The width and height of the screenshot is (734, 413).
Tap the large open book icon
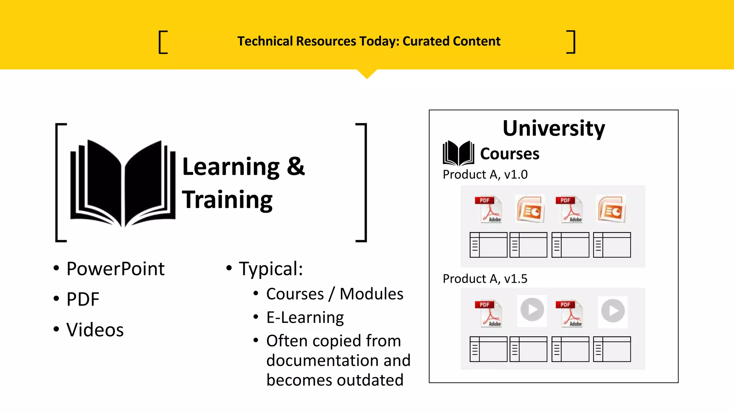[123, 183]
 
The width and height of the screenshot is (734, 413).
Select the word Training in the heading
[227, 200]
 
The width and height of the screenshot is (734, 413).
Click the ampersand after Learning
[296, 166]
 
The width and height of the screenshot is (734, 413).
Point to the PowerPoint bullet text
[115, 269]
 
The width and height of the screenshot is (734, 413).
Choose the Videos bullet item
[95, 330]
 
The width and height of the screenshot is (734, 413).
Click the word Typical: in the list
[271, 269]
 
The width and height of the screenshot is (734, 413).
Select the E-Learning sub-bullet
[305, 318]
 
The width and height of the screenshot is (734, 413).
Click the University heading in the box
[553, 128]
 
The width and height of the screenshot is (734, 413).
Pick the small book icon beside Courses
[458, 153]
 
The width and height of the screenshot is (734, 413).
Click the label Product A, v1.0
[485, 175]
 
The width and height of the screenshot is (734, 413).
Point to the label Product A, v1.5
[485, 279]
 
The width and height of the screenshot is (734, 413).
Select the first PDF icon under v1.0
[488, 209]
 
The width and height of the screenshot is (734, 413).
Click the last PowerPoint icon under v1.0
[611, 209]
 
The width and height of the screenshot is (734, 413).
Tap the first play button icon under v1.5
[532, 310]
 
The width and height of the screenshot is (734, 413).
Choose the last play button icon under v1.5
[613, 311]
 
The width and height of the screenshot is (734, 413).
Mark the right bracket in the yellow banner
[571, 42]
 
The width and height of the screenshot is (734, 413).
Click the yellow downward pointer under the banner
[367, 73]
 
